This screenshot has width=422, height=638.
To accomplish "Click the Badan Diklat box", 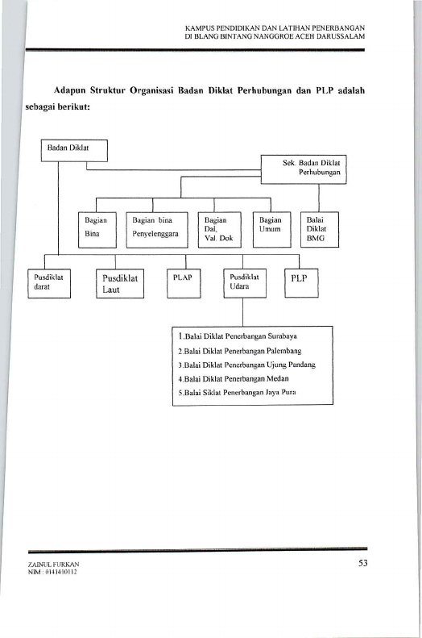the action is pos(74,151).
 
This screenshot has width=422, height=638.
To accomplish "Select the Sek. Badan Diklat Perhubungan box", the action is pos(304,169).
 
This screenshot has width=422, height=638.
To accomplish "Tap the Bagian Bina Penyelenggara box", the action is pos(157,230).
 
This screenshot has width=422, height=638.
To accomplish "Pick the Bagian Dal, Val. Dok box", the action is pos(219,230).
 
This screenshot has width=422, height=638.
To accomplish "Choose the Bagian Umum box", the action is pos(271,230).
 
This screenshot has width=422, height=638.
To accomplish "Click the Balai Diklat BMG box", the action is pos(319,230).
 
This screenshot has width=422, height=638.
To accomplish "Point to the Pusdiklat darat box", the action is pos(49,283).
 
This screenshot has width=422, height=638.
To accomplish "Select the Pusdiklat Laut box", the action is pos(120,283).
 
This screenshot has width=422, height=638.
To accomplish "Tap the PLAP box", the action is pos(184,283).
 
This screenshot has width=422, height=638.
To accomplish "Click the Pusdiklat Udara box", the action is pos(245,283).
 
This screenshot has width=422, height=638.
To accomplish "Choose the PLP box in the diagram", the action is pos(301,283).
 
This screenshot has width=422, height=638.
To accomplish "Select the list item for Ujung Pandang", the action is pos(247,365).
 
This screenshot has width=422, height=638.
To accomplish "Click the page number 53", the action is pos(363,563).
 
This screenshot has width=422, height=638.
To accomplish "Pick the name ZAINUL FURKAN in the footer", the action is pos(54,565).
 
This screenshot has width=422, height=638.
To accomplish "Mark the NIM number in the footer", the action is pos(52,572).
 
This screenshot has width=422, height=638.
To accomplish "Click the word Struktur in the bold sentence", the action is pos(108,90).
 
